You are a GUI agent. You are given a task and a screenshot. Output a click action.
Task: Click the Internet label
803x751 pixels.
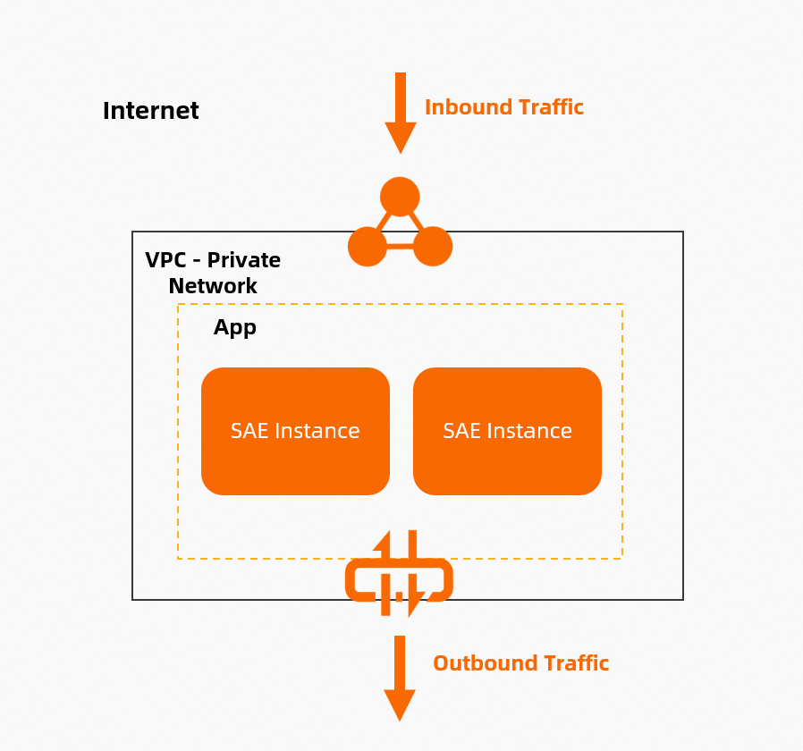[x=150, y=111]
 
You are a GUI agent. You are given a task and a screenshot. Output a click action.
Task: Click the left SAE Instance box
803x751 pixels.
[x=295, y=431]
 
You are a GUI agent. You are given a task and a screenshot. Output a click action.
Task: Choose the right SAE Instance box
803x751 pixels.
[x=507, y=431]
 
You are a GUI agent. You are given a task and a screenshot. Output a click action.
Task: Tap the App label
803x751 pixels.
[x=235, y=327]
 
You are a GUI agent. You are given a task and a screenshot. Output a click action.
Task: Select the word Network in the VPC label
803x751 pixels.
[x=213, y=286]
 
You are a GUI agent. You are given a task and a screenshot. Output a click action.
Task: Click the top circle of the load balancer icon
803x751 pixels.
[x=400, y=196]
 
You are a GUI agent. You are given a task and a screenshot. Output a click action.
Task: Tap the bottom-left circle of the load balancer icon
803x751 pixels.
[x=367, y=246]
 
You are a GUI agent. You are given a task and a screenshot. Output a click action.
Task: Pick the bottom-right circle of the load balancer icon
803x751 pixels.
[x=433, y=246]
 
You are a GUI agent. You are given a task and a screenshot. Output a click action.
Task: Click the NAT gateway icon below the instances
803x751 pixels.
[x=399, y=575]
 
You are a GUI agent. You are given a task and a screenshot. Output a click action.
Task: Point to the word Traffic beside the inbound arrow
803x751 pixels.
[x=551, y=107]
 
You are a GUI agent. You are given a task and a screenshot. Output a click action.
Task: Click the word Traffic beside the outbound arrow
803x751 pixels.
[x=574, y=663]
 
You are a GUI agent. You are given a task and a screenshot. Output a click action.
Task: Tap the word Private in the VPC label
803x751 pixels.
[x=245, y=260]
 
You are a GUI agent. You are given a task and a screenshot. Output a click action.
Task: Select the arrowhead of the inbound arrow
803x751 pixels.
[x=401, y=138]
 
